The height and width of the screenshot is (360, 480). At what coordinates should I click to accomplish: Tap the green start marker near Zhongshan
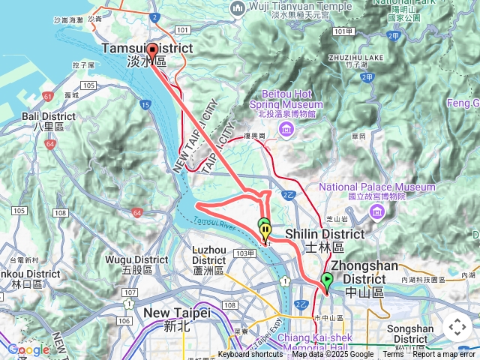pos(326,282)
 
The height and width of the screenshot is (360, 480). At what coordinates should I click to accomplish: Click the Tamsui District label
pos(147,54)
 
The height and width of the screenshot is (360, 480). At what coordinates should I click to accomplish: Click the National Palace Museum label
pos(377,187)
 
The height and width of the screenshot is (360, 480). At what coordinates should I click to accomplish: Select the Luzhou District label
pos(209,259)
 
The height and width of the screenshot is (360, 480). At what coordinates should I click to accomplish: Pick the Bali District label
pos(48,121)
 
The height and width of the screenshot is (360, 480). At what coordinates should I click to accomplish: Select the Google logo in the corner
pos(28,349)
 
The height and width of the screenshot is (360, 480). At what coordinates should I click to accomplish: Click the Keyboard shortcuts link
pos(250,355)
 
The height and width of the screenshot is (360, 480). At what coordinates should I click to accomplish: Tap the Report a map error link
pos(443,355)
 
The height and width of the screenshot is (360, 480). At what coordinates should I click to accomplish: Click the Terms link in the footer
pos(393,355)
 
